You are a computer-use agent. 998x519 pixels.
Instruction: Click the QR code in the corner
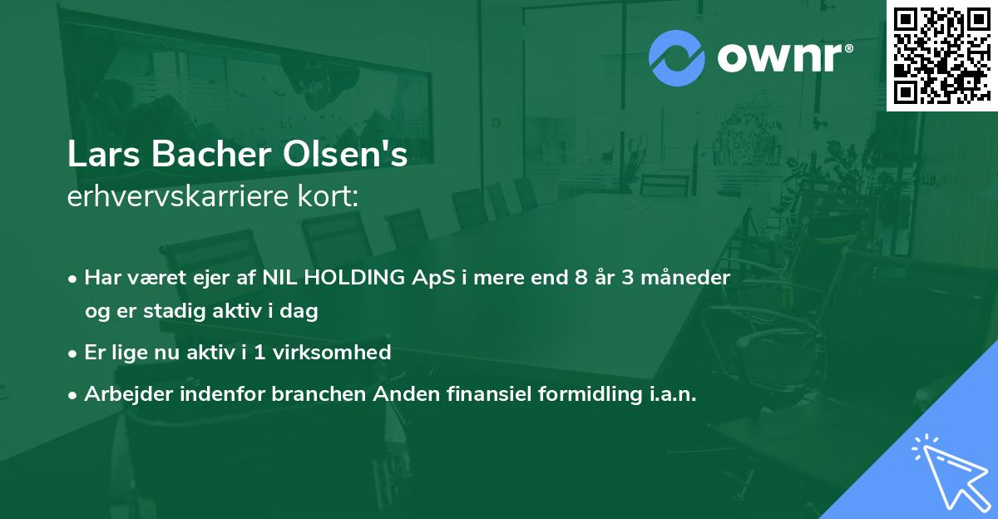click(941, 56)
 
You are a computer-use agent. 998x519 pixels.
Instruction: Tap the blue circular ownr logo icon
click(676, 58)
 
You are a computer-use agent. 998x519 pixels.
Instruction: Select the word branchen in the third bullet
click(311, 394)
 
